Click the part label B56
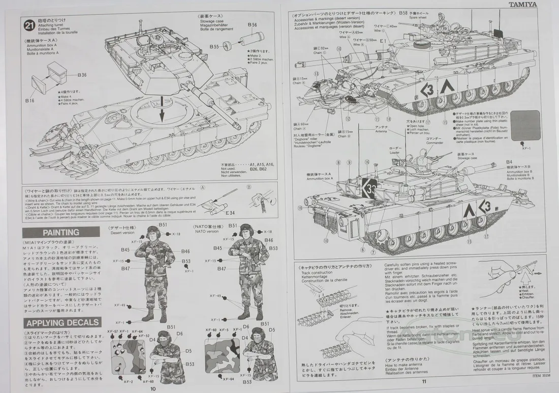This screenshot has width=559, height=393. [253, 24]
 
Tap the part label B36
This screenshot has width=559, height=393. [82, 75]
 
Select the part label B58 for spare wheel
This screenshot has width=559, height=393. [403, 12]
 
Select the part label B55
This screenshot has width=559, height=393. [214, 47]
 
